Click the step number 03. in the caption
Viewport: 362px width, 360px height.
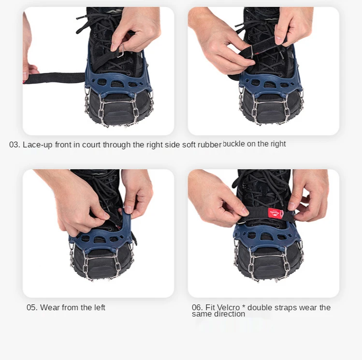click(15, 144)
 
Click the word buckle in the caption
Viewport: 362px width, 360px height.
click(233, 144)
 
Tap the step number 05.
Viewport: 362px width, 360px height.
click(32, 307)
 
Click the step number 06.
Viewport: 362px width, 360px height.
click(197, 307)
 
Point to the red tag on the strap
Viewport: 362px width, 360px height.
click(275, 213)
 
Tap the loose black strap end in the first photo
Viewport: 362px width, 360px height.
click(54, 78)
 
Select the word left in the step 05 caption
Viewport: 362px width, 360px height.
click(100, 307)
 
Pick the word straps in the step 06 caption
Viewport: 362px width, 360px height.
click(286, 307)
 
